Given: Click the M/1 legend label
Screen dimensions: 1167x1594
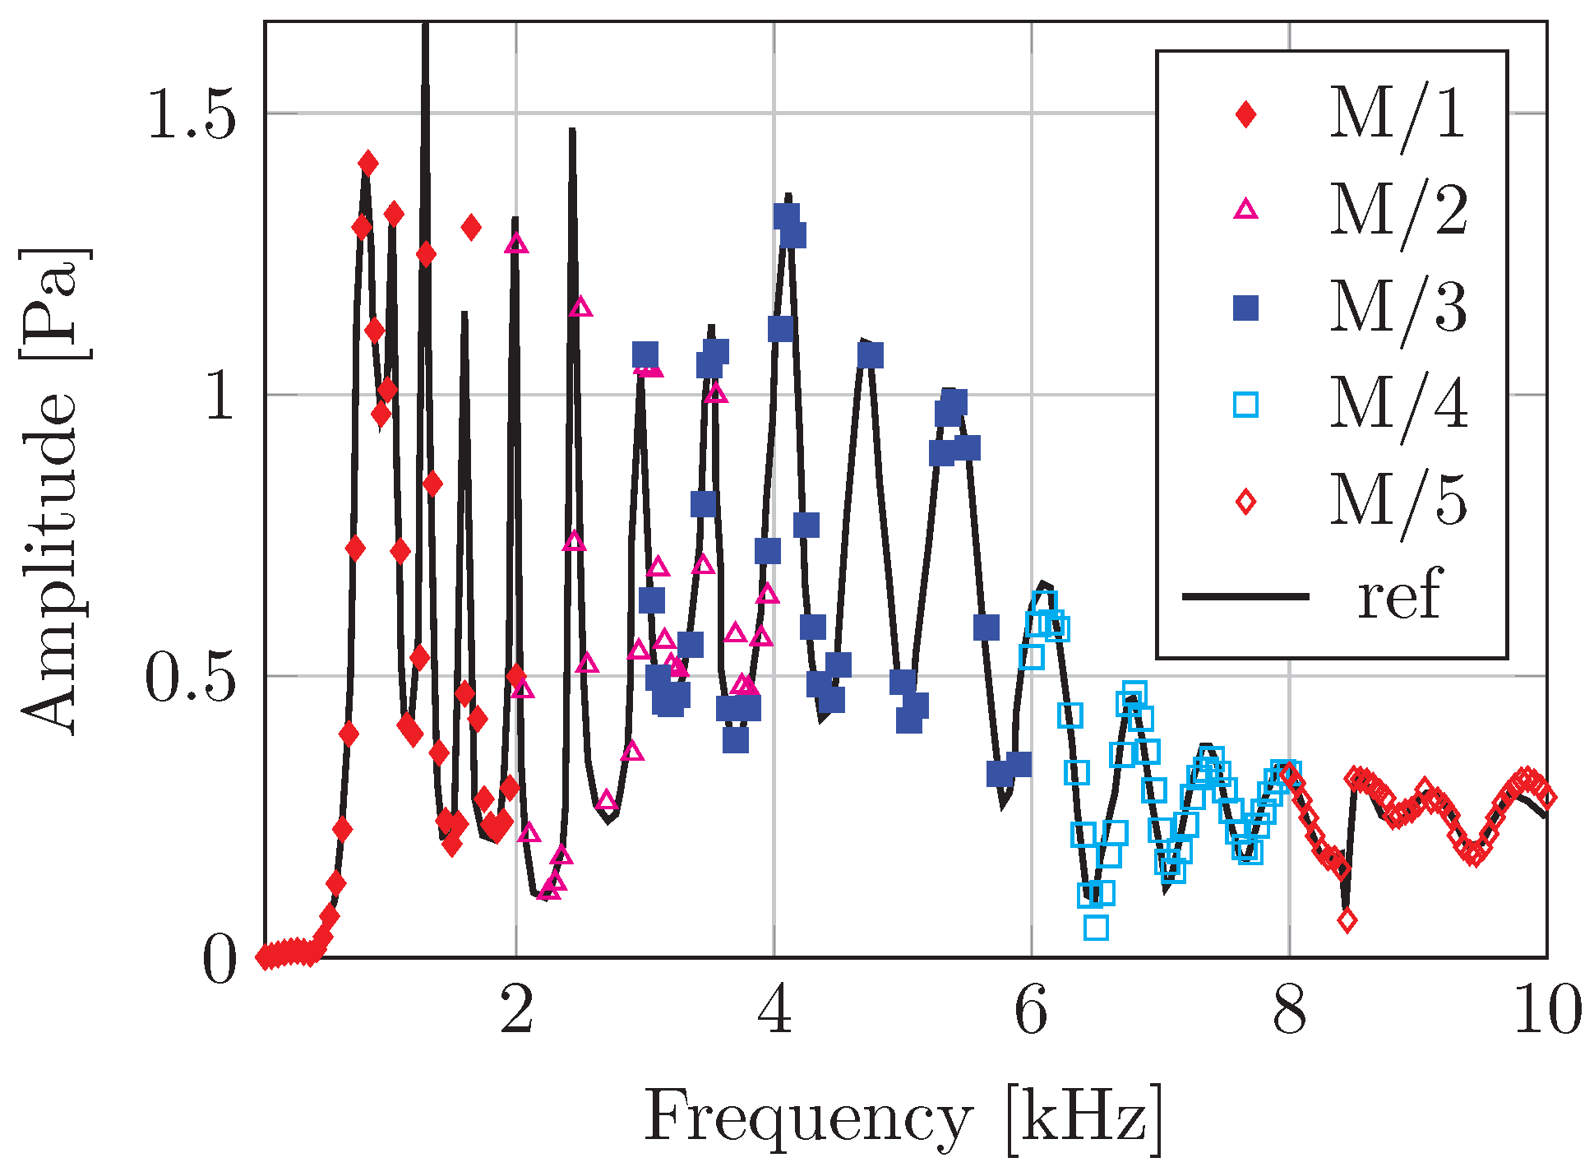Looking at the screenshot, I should tap(1398, 113).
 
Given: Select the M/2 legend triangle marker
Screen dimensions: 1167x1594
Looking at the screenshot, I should tap(1246, 209).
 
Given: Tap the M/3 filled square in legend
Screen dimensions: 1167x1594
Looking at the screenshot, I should tap(1246, 308).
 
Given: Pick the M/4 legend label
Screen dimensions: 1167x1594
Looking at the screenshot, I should tap(1398, 404).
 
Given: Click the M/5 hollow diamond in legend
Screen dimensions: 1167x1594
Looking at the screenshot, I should tap(1246, 501).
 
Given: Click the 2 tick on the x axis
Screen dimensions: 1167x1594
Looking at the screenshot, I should tap(516, 1011).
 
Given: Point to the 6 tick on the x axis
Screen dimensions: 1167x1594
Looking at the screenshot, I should tap(1031, 1011).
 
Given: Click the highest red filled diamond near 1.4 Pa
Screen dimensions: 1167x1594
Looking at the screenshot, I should tap(368, 164).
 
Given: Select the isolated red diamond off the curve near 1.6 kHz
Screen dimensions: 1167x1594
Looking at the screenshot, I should tap(471, 227).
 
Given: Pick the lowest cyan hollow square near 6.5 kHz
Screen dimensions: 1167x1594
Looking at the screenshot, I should tap(1096, 928).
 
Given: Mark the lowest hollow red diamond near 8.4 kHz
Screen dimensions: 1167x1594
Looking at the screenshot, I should tap(1347, 921).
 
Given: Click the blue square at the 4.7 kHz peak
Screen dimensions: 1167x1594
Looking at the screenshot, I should tap(871, 355).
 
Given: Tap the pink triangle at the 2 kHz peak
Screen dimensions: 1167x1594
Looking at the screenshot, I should tap(517, 244).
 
